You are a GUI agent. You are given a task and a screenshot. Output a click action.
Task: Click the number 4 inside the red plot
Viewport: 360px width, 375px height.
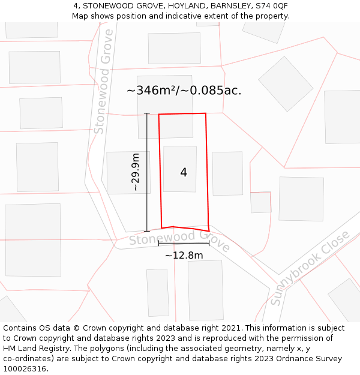184,173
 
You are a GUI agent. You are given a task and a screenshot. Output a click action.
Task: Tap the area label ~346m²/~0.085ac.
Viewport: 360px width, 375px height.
184,91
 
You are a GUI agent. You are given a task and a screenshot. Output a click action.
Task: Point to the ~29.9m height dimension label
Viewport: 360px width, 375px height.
136,172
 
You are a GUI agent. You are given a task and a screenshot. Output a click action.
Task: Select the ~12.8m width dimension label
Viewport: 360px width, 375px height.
184,256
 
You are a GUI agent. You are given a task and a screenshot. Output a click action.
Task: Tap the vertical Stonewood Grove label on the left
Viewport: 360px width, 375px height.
103,81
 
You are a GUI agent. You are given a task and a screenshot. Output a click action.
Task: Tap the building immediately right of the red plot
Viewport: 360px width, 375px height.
227,173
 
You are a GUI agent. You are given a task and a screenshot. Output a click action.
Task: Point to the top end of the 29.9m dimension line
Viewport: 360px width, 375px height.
147,113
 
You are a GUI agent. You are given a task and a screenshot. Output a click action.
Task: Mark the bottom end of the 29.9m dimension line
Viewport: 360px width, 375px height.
147,231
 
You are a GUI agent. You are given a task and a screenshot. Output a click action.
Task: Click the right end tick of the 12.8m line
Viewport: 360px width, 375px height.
209,243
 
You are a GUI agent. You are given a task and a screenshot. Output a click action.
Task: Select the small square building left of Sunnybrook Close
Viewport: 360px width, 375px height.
260,202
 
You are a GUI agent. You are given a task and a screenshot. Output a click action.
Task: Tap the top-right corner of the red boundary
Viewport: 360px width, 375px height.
206,113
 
